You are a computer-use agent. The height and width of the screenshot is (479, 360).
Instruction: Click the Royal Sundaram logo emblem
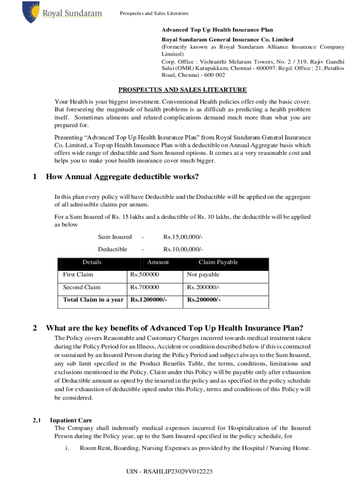pos(30,12)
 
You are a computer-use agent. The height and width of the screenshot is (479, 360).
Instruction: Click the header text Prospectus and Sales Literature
pos(154,13)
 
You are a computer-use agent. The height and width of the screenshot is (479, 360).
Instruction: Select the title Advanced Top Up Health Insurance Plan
pos(217,30)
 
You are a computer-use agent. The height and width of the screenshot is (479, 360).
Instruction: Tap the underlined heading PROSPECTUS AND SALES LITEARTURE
pos(182,90)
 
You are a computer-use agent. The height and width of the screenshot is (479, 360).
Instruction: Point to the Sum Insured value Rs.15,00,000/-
pos(183,237)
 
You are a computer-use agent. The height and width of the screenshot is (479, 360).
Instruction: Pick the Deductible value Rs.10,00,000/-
pos(183,249)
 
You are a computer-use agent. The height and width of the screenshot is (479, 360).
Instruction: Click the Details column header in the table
pos(92,262)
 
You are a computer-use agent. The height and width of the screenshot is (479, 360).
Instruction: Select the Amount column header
pos(158,262)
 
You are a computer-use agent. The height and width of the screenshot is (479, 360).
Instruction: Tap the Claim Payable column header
pos(218,262)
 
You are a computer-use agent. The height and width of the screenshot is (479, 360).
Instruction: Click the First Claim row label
pos(78,275)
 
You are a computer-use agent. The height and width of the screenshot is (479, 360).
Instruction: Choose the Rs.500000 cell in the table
pos(144,275)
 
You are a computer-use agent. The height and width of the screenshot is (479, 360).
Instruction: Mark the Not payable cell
pos(203,275)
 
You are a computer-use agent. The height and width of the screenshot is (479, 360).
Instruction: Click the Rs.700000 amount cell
pos(144,287)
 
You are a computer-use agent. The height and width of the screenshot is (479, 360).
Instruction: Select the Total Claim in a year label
pos(93,300)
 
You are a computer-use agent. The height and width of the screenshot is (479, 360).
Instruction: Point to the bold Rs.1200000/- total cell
pos(148,300)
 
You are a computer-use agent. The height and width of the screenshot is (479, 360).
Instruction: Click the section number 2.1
pos(37,420)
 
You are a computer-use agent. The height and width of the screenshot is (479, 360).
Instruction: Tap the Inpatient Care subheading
pos(71,420)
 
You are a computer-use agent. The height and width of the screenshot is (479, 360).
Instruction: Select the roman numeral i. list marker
pos(67,448)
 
